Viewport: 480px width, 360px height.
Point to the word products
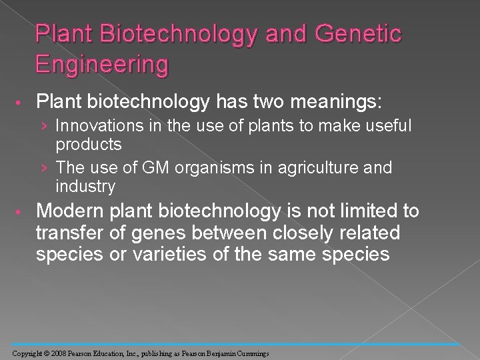89,143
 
